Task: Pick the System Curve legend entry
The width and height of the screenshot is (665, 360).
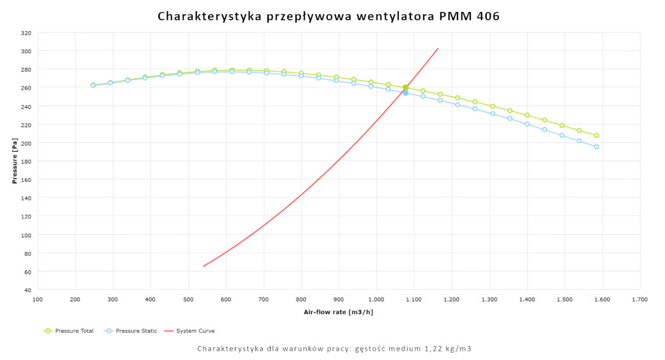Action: [x=194, y=331]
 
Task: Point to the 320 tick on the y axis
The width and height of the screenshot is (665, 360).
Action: [x=26, y=33]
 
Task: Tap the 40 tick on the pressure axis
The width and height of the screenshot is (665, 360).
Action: [x=28, y=290]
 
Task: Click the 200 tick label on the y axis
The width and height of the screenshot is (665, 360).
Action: [x=26, y=143]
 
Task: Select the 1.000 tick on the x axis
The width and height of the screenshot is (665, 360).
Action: [x=376, y=300]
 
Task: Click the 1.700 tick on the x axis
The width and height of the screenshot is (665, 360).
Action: [x=640, y=300]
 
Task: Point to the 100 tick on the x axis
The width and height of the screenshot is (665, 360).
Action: [x=37, y=300]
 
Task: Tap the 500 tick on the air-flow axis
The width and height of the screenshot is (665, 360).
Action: [x=188, y=300]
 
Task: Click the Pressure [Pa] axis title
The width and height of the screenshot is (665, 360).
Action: [x=14, y=162]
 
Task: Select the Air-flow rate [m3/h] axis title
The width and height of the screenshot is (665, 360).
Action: [x=338, y=311]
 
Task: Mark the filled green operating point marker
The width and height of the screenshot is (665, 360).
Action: [x=406, y=87]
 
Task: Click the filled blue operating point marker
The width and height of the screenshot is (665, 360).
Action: [x=406, y=92]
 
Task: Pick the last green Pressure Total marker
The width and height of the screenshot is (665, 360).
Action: [x=597, y=135]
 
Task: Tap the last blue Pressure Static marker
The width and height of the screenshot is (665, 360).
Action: [x=597, y=146]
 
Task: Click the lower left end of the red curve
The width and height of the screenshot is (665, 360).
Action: [x=203, y=266]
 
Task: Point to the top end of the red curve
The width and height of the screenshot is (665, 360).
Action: [x=438, y=48]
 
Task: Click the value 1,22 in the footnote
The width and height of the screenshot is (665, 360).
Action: [x=424, y=349]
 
